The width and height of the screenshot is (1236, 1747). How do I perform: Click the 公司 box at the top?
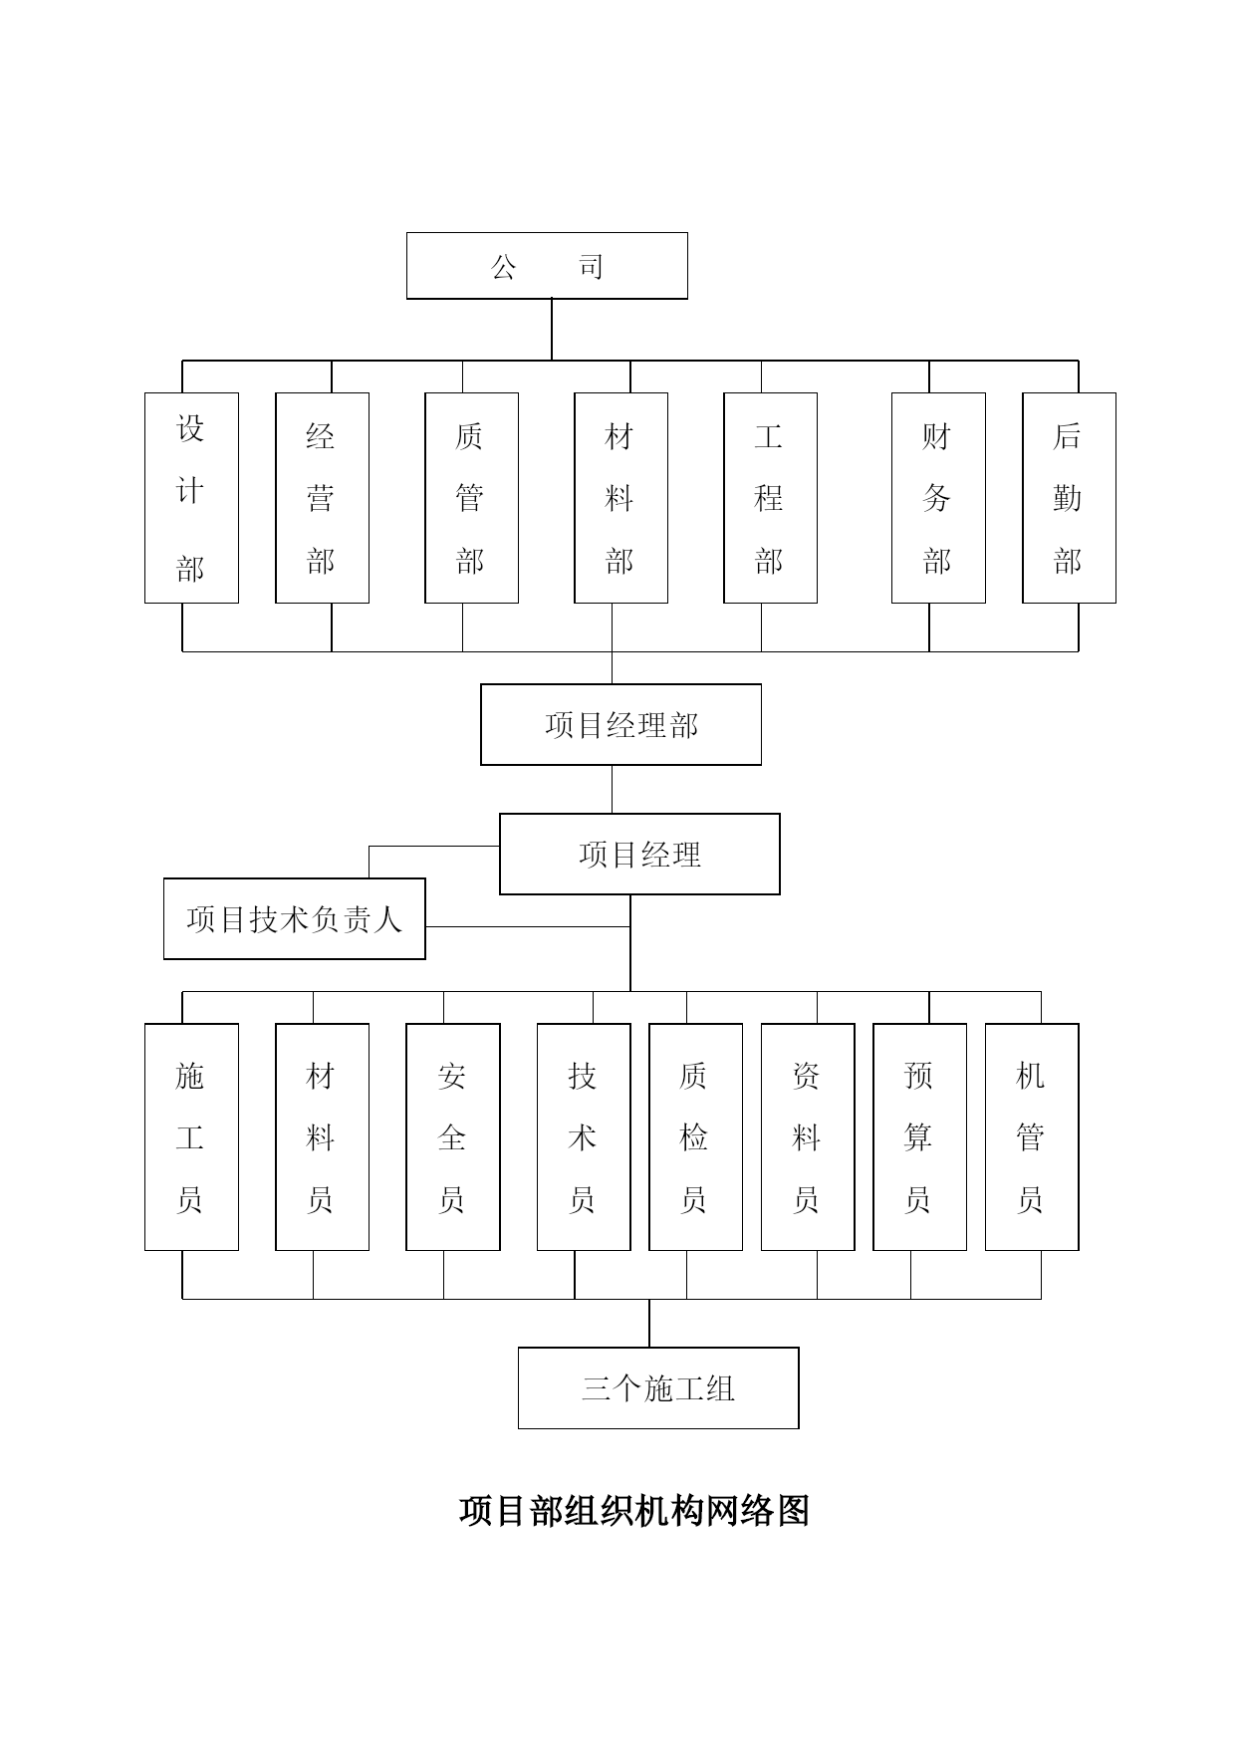[x=547, y=266]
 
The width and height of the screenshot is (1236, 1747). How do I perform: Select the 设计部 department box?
[x=191, y=498]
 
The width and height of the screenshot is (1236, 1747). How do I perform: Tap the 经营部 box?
[x=322, y=498]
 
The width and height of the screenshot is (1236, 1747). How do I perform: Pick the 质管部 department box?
[x=471, y=498]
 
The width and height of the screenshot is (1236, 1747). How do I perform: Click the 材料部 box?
[x=620, y=498]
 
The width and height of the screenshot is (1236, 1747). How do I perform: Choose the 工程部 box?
[x=770, y=498]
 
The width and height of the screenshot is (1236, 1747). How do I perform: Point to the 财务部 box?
[x=938, y=498]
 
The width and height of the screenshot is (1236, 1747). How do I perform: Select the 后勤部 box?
[x=1069, y=498]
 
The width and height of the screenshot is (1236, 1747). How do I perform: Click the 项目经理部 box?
[x=620, y=724]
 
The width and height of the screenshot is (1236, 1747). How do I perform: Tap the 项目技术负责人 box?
[x=294, y=918]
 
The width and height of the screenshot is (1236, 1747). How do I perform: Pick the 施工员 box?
[x=191, y=1136]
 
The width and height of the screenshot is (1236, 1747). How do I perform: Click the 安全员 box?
[x=452, y=1136]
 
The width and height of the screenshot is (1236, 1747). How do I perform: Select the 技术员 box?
[x=584, y=1136]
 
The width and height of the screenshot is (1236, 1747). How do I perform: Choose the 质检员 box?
[x=695, y=1136]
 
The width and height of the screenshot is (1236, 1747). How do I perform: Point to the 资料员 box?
[x=808, y=1136]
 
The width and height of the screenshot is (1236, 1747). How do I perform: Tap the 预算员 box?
[x=919, y=1136]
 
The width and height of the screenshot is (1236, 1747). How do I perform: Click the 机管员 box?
[x=1032, y=1136]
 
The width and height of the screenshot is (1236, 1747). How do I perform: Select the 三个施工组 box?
[x=658, y=1387]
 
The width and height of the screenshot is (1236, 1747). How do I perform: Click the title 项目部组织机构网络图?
[x=634, y=1511]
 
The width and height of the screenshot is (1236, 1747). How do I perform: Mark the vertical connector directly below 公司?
[x=552, y=330]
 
